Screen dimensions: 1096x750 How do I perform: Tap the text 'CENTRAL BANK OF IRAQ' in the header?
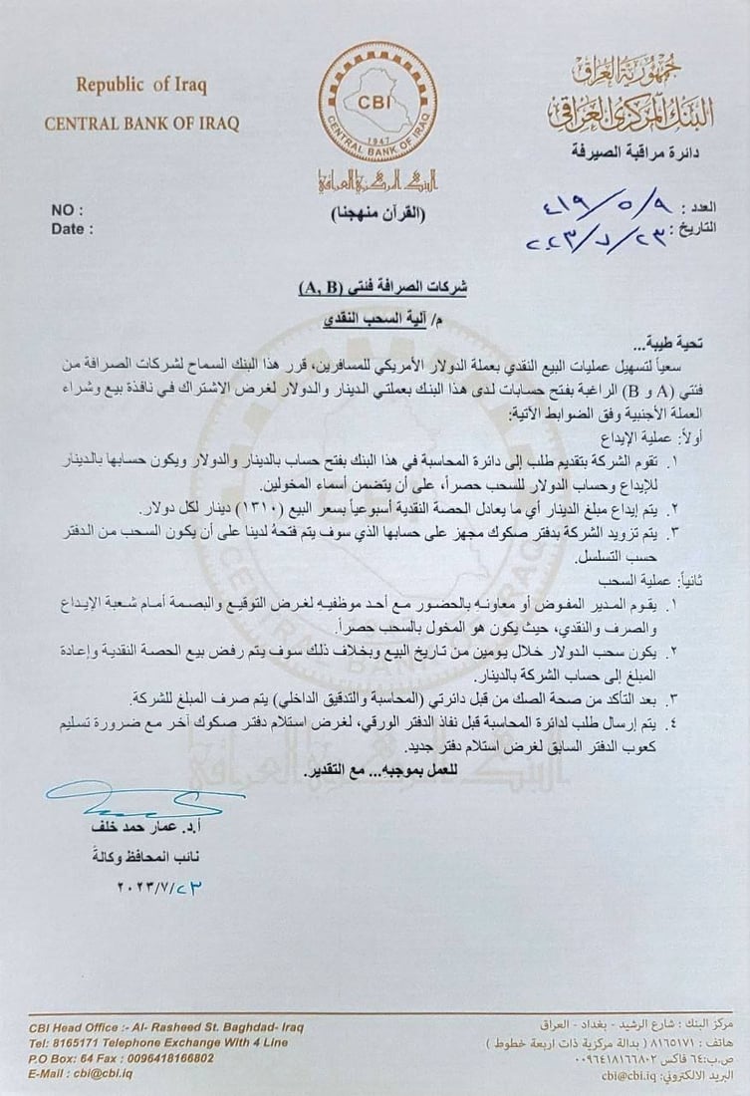(x=141, y=124)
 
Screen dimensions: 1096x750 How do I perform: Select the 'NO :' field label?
(x=69, y=210)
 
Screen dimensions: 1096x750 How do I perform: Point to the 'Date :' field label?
(x=73, y=228)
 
